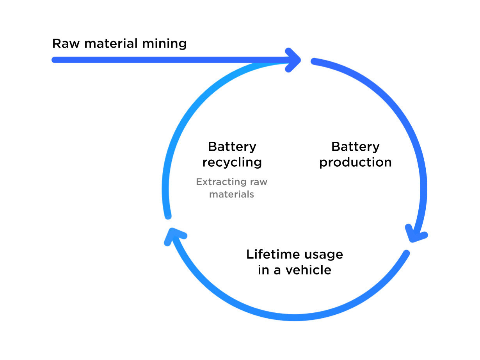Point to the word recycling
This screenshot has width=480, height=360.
pos(232,162)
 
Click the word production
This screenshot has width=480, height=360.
pos(355,162)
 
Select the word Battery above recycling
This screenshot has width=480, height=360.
pos(232,147)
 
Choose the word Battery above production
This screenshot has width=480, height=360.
pos(355,147)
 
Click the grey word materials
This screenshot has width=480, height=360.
pos(231,194)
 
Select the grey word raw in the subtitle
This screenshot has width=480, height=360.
pos(259,182)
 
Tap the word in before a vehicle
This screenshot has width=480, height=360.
pos(263,270)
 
